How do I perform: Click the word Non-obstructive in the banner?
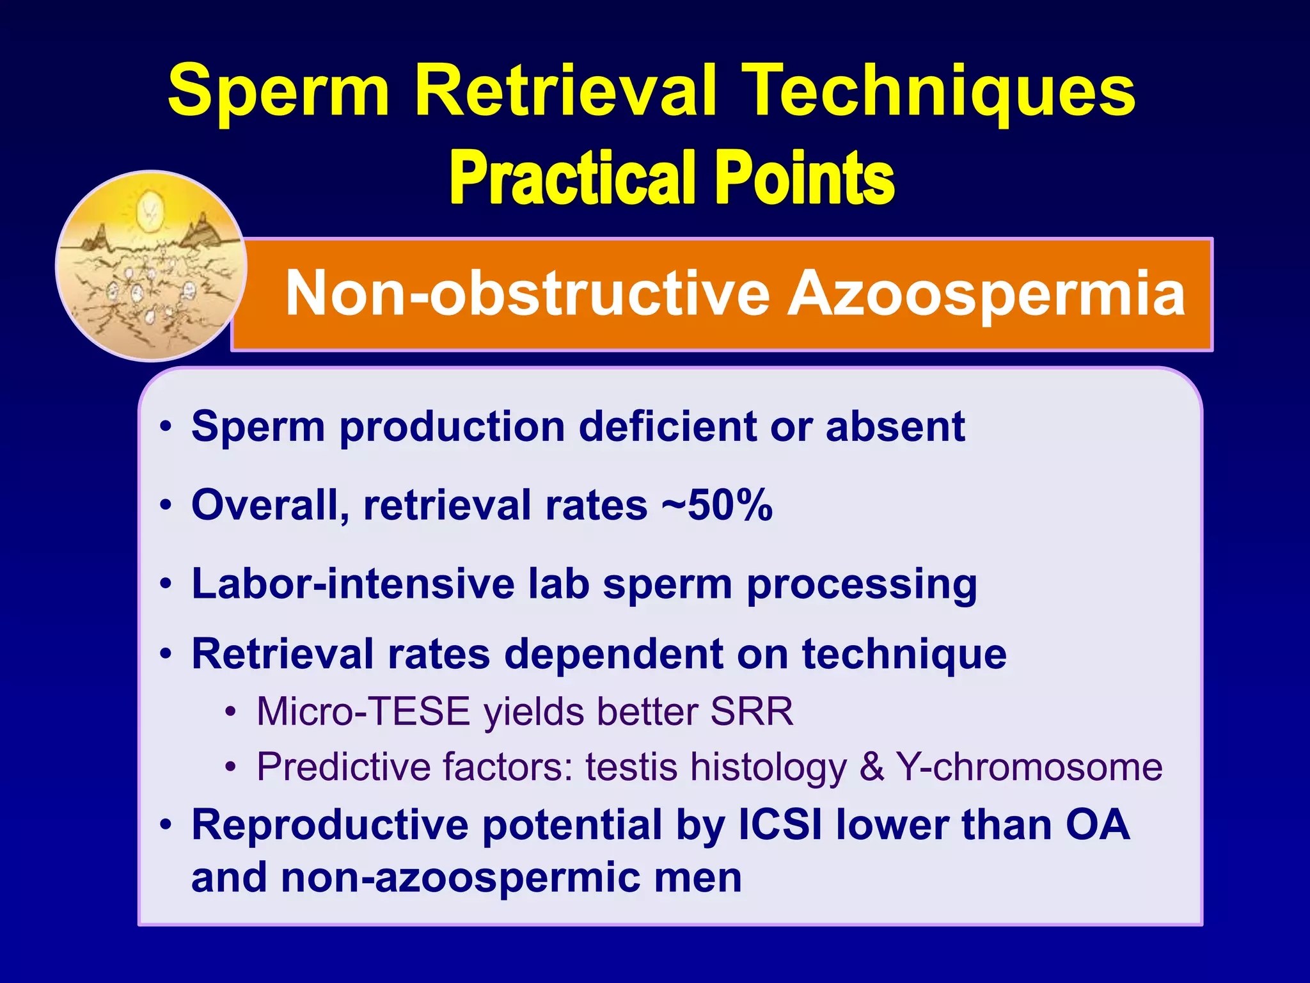pyautogui.click(x=527, y=293)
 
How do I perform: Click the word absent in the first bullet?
pyautogui.click(x=895, y=426)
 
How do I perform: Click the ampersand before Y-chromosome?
pyautogui.click(x=872, y=767)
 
